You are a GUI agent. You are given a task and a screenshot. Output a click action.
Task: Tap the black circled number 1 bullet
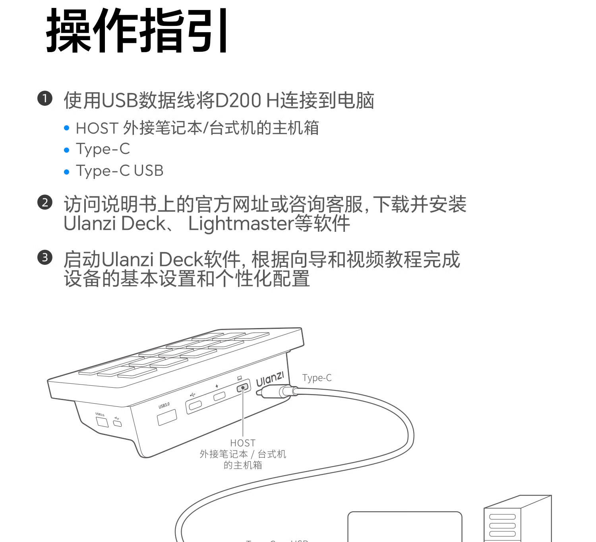[45, 99]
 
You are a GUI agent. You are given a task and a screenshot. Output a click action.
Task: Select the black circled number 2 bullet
[45, 202]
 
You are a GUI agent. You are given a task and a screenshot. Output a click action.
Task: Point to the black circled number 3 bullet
[45, 257]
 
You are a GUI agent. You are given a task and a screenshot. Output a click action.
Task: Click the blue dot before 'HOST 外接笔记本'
[67, 128]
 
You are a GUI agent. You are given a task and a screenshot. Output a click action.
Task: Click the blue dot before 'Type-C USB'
[67, 172]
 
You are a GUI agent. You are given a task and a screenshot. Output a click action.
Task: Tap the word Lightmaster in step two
[241, 223]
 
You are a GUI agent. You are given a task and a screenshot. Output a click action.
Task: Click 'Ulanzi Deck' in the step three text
[153, 259]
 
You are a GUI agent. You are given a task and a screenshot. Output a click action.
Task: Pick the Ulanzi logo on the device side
[270, 379]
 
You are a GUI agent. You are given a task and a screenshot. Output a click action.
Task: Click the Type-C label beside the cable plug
[317, 378]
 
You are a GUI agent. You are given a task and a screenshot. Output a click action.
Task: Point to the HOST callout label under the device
[243, 443]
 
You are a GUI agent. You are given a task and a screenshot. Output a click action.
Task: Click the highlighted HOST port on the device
[243, 387]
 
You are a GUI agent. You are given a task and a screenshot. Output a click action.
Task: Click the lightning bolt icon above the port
[217, 386]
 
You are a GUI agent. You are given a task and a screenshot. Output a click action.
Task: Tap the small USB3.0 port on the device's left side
[102, 422]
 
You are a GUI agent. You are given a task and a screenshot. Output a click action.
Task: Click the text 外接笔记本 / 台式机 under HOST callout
[243, 454]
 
